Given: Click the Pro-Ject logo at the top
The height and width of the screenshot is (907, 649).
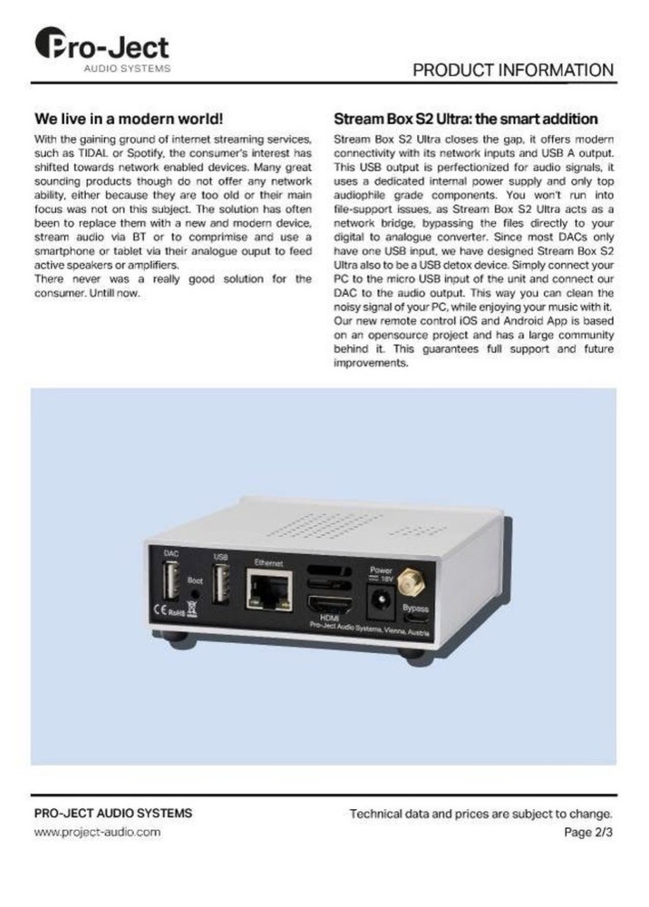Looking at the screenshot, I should tap(101, 48).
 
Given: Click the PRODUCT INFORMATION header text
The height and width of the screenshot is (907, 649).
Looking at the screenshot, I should tap(513, 71).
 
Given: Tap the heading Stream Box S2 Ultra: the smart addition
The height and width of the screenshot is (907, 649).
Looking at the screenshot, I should tap(465, 119).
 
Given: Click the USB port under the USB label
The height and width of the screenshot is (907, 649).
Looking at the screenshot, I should tap(219, 583).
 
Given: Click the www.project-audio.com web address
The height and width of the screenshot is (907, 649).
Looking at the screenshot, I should tap(97, 832).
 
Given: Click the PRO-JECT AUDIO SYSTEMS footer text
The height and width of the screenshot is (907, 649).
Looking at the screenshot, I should tap(112, 813).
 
